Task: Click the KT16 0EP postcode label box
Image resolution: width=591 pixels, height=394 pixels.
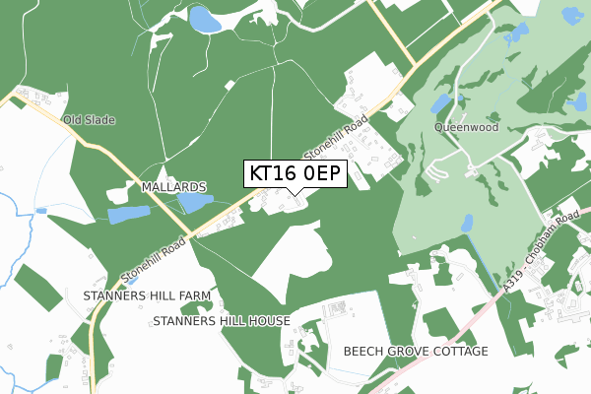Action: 295,173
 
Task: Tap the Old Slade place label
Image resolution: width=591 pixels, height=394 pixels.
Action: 90,120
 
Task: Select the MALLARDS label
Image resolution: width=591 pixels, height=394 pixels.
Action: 173,186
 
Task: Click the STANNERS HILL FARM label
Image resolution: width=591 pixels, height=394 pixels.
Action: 148,295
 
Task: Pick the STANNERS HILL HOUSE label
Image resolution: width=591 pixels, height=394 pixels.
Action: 222,321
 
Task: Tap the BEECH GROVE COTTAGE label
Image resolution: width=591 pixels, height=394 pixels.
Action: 416,352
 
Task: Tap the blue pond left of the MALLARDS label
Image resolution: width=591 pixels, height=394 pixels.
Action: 128,215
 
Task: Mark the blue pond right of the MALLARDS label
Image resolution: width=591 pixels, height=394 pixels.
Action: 195,203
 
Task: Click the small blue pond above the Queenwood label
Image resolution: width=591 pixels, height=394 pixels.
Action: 442,103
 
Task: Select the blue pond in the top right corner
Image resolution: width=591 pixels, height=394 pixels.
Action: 569,17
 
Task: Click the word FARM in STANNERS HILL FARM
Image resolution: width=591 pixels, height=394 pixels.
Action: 194,295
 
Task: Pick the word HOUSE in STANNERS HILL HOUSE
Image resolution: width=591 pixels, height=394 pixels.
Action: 268,321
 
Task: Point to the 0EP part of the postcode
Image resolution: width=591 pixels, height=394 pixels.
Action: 318,173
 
